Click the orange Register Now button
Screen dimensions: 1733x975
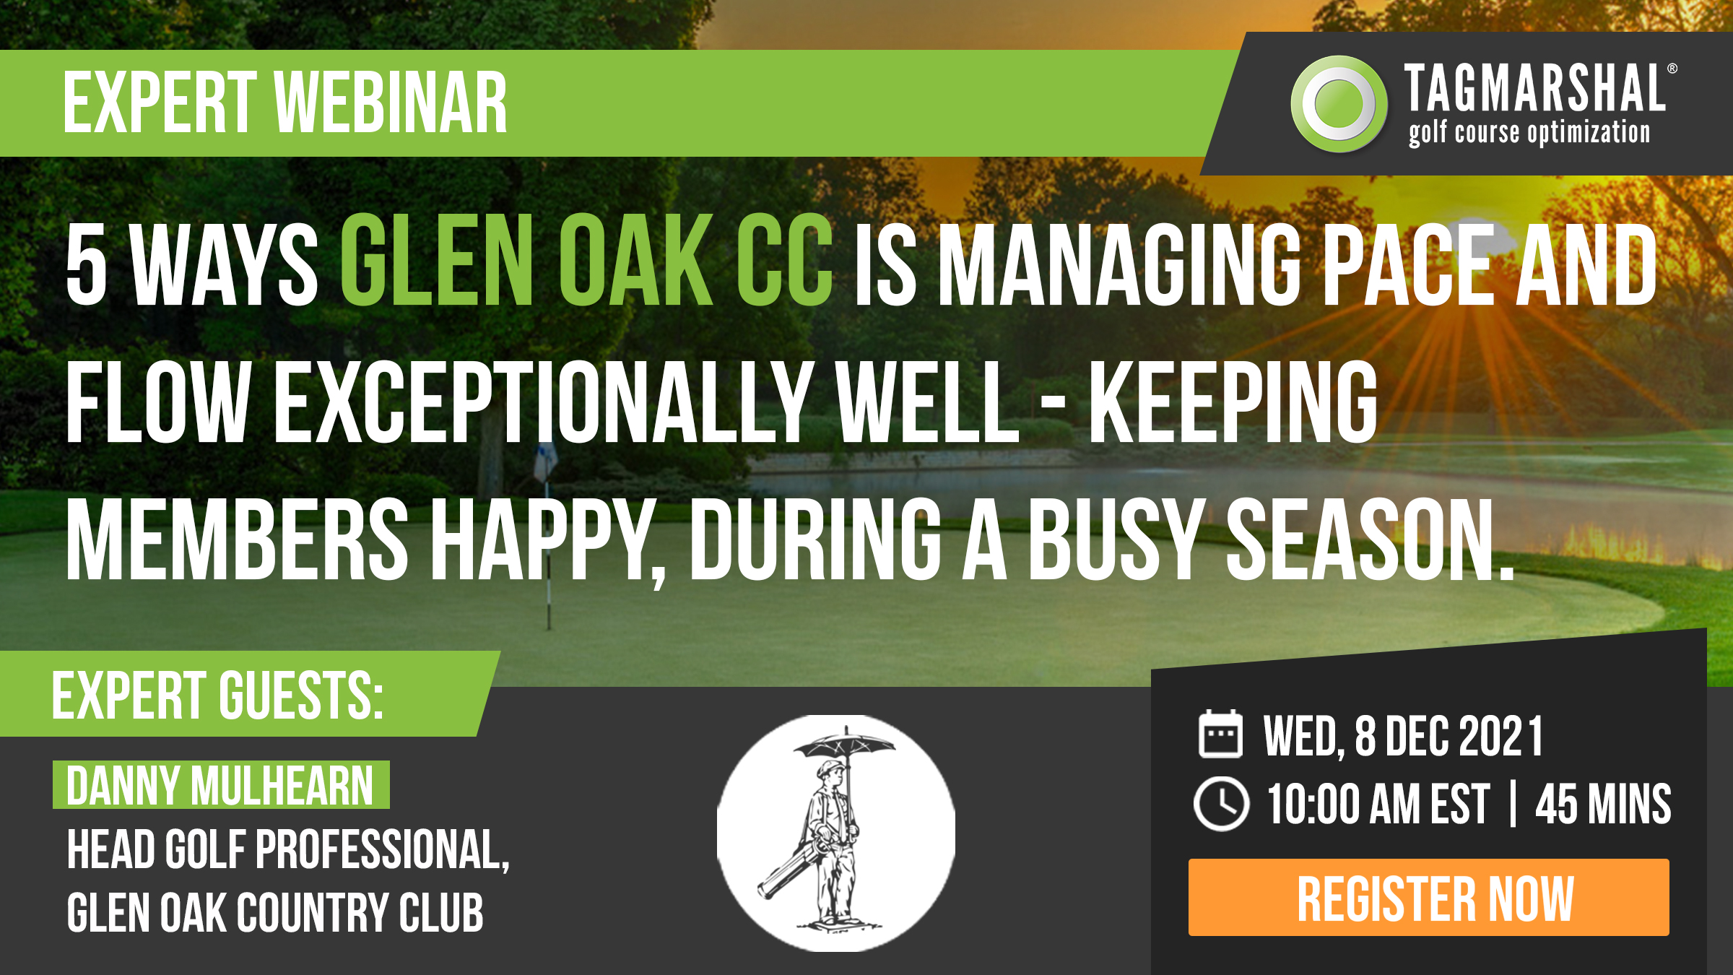[1428, 897]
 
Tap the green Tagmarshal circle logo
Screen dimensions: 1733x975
[1339, 104]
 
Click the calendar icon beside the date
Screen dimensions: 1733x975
[1220, 734]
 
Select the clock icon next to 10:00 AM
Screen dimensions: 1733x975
[1221, 804]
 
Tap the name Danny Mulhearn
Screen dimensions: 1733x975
[220, 785]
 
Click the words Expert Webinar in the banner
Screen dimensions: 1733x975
[285, 103]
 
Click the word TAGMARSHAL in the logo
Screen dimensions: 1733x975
[1534, 88]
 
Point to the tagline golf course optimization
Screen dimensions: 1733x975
[1529, 133]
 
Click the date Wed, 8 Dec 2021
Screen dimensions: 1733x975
[1403, 737]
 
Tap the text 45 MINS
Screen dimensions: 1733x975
[1603, 804]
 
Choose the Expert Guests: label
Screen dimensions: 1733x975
[217, 695]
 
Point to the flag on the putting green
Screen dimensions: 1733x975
[546, 462]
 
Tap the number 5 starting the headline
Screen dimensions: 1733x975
[87, 261]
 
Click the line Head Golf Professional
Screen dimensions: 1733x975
[288, 850]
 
